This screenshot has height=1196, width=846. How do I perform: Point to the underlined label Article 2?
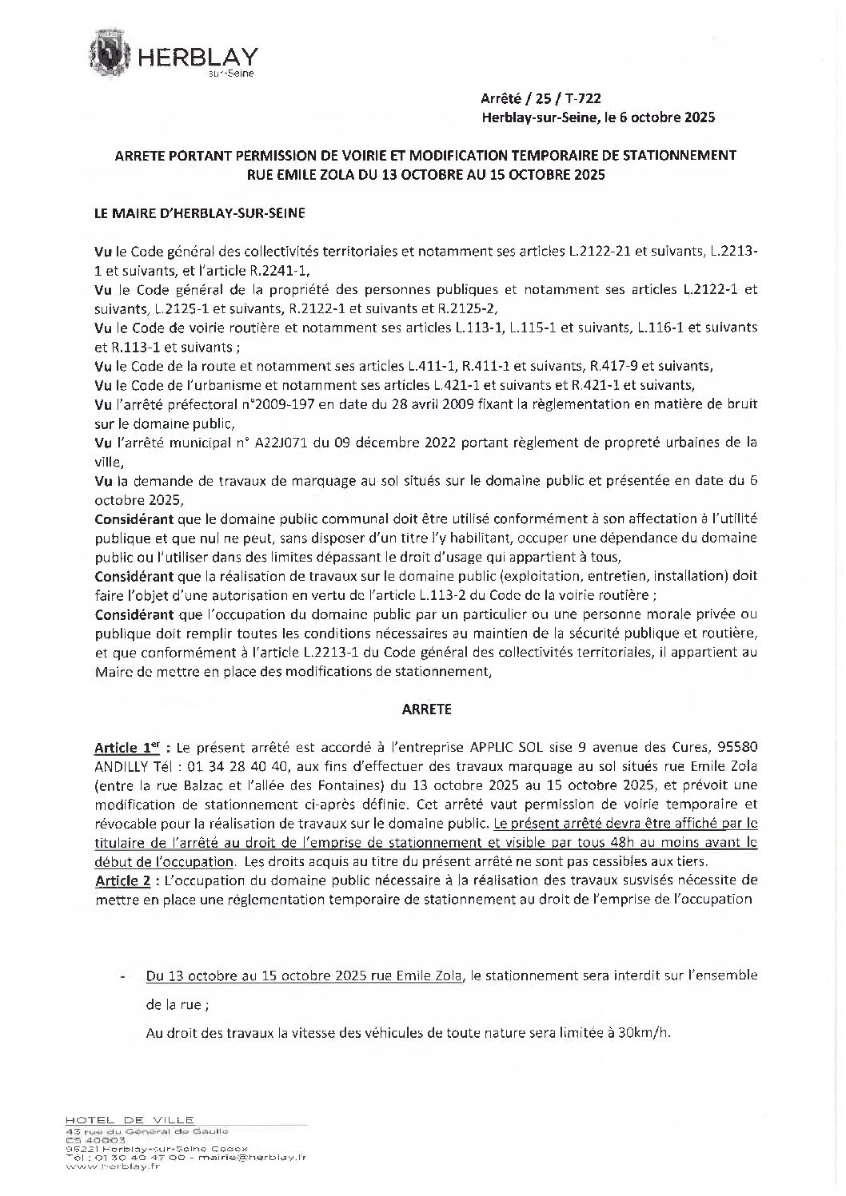coord(125,880)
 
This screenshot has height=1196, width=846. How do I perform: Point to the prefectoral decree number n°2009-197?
coord(280,404)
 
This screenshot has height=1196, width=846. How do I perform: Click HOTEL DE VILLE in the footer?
coord(130,1120)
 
